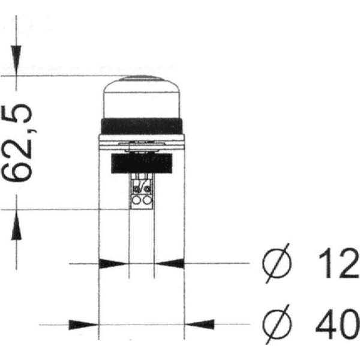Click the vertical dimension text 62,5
coord(18,142)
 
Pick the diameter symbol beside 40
coord(277,325)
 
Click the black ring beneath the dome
coord(142,126)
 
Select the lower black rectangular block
coord(142,163)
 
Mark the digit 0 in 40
coord(349,325)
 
